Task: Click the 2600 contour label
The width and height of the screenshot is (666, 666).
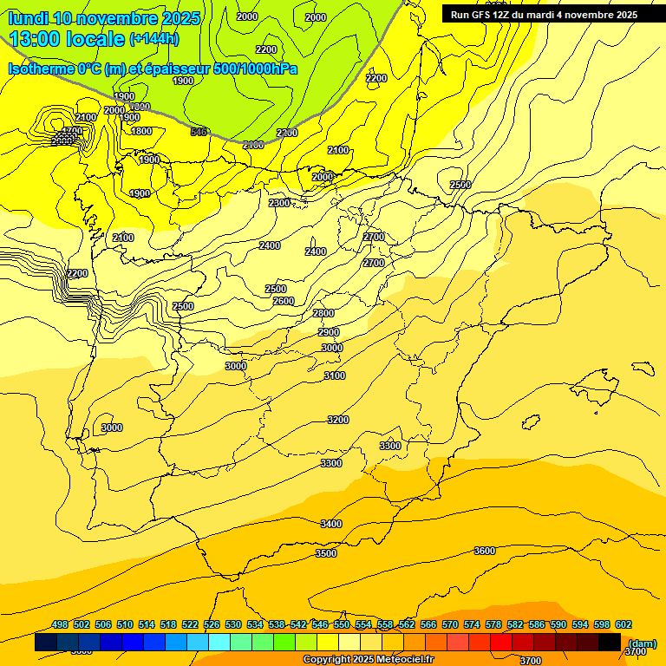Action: [284, 301]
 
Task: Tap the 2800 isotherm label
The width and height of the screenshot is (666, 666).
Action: [323, 313]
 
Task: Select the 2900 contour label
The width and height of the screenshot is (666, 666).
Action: [329, 332]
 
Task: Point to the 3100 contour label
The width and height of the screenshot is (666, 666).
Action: [335, 375]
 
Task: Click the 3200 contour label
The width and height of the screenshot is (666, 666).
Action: [338, 420]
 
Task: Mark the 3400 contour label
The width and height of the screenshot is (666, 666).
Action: [331, 524]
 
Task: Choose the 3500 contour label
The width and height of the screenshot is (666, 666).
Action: [326, 553]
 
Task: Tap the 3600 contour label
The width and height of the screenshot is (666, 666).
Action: [485, 551]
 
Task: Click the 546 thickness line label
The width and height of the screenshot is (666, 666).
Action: [199, 132]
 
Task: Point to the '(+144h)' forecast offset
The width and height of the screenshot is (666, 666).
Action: [153, 39]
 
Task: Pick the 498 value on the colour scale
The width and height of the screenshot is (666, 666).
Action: [60, 624]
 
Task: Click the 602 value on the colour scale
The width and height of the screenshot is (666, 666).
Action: [624, 624]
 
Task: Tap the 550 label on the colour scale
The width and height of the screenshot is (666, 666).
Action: [342, 624]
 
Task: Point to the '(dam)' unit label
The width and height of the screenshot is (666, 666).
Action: [643, 643]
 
